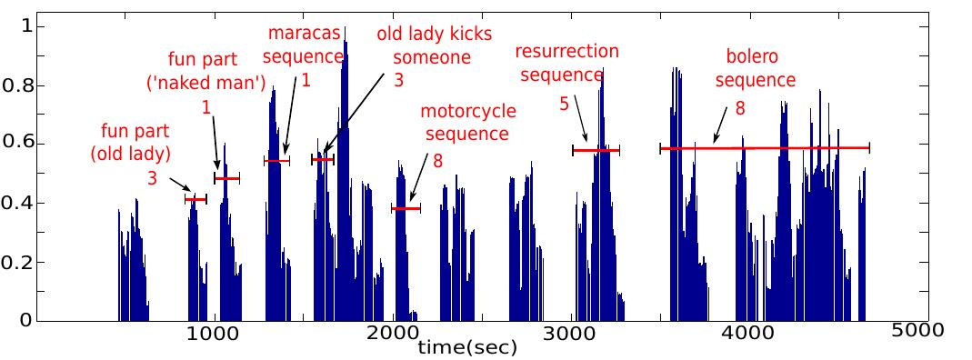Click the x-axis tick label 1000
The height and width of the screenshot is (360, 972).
click(x=212, y=334)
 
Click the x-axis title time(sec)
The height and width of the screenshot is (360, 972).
click(x=467, y=347)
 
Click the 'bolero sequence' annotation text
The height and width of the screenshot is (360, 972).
click(x=755, y=66)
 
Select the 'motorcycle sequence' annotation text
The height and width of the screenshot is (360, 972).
click(x=467, y=123)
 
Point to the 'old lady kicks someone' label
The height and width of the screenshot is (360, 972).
click(x=435, y=45)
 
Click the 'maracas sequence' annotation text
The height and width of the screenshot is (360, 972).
click(x=303, y=45)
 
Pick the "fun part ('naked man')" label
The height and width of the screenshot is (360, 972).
click(x=206, y=72)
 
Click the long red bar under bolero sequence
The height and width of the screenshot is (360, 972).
click(x=765, y=147)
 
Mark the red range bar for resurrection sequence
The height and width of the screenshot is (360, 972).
click(x=596, y=150)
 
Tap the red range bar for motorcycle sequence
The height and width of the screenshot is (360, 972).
click(x=406, y=208)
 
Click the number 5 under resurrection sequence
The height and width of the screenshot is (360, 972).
click(x=564, y=105)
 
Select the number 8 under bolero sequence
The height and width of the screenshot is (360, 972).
click(x=739, y=107)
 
